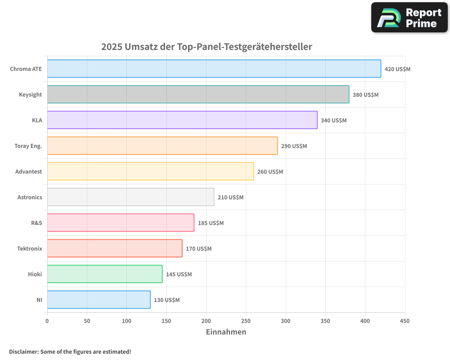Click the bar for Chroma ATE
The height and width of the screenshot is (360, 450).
point(214,69)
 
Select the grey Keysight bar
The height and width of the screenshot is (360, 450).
point(198,94)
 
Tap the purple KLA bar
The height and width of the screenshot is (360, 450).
point(182,120)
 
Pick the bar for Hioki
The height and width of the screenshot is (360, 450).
point(104,274)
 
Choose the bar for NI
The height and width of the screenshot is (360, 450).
point(99,300)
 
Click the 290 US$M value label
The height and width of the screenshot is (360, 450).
point(294,146)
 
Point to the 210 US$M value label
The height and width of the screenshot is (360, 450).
point(230,198)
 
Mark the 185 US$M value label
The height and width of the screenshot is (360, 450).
point(211,223)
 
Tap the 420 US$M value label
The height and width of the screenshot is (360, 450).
point(397,69)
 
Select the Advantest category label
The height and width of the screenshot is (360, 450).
point(29,172)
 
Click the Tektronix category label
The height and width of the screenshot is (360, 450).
point(30,249)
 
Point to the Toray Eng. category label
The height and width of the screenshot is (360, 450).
point(28,146)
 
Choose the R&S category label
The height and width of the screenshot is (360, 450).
point(36,223)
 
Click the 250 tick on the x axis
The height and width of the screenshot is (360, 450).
point(246,321)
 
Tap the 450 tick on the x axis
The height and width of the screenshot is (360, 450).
point(405,321)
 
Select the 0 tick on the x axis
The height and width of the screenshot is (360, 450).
point(47,321)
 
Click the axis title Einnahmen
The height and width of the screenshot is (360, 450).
point(226,332)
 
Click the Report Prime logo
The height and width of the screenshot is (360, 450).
point(409,18)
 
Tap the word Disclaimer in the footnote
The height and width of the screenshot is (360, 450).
point(23,352)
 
